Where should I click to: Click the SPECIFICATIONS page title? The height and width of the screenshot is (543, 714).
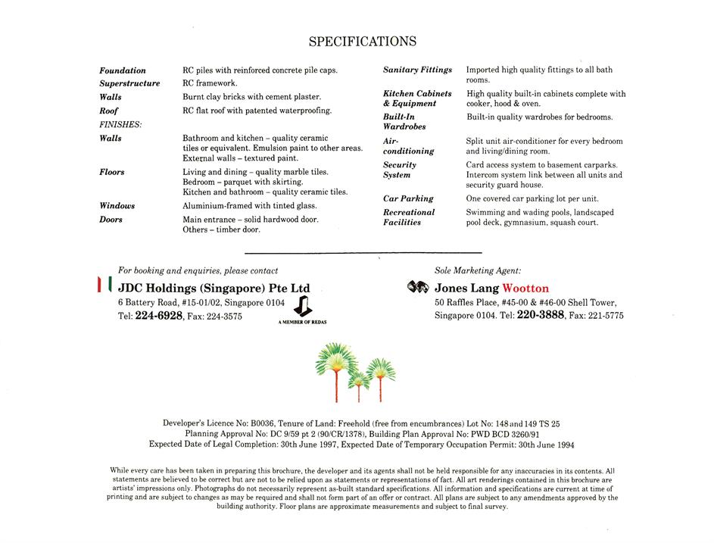coord(362,42)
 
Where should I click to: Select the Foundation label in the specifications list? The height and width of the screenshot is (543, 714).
coord(123,70)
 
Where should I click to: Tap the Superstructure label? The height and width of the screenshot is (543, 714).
coord(129,83)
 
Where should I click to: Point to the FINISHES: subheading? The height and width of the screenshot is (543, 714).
coord(120,124)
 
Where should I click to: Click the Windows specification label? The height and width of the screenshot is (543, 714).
coord(117,206)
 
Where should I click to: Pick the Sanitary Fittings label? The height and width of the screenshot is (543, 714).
coord(417,70)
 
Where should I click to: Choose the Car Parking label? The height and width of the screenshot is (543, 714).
coord(408,198)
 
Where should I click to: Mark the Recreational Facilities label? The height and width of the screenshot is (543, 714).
coord(409,217)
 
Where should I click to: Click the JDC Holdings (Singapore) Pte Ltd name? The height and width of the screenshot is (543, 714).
coord(214,289)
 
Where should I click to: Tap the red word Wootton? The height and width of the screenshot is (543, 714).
coord(525,289)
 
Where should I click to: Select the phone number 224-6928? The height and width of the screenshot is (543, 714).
coord(159,316)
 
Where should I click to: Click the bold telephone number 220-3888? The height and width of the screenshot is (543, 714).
coord(541,315)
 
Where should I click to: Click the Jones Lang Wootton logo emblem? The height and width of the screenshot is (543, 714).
coord(418,288)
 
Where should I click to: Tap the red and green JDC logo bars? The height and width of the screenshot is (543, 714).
coord(104,286)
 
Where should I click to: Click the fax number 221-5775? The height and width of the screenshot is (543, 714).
coord(605,316)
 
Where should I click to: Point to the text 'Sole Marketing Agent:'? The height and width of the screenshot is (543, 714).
coord(477,270)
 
